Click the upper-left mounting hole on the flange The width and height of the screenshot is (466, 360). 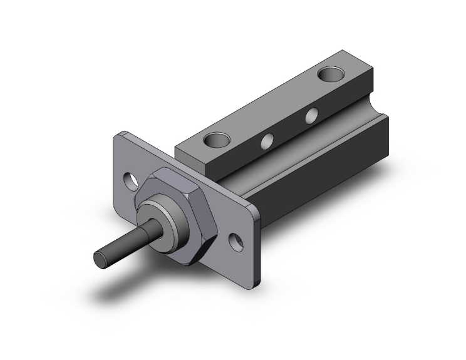pyautogui.click(x=132, y=180)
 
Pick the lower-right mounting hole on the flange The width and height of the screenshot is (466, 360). pyautogui.click(x=237, y=240)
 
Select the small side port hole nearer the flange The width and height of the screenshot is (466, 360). pyautogui.click(x=267, y=141)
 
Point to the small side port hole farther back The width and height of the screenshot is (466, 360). pyautogui.click(x=309, y=115)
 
